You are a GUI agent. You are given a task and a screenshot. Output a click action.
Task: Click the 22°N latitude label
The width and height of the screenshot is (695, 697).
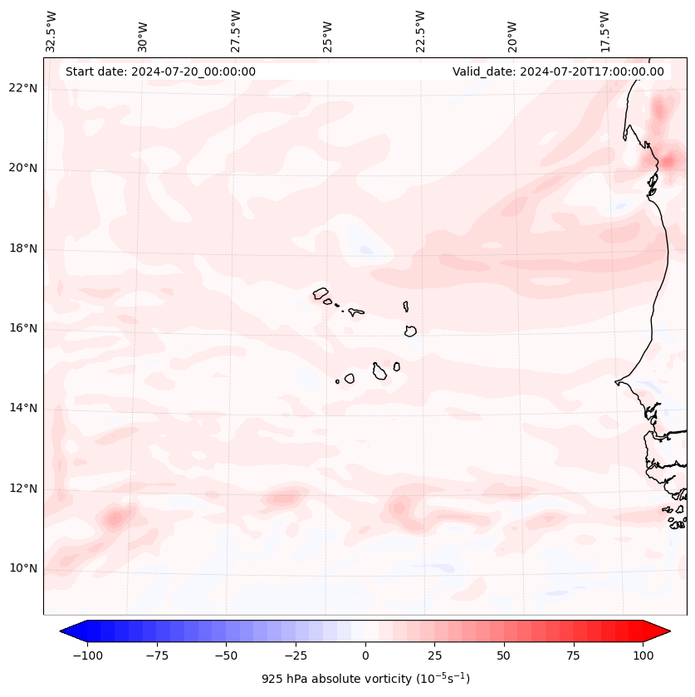click(22, 89)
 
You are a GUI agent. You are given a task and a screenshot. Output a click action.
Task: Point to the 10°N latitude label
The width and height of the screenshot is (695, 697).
click(22, 569)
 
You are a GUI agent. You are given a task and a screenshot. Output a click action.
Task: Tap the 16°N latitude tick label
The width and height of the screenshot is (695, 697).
click(22, 329)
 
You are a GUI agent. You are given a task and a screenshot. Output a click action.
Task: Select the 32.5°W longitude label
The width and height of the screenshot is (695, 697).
click(51, 31)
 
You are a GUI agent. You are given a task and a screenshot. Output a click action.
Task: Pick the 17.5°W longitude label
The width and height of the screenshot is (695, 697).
click(604, 31)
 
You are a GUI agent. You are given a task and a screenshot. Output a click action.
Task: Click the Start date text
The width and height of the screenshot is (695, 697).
click(160, 71)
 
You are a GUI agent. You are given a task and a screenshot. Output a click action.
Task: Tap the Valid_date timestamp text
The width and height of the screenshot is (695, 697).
click(558, 71)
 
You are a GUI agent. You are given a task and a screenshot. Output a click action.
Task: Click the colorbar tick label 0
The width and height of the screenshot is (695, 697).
click(365, 655)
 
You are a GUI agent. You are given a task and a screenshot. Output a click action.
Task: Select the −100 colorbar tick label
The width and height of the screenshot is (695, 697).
click(87, 655)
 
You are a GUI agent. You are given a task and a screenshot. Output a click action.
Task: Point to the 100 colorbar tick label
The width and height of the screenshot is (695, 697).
click(643, 655)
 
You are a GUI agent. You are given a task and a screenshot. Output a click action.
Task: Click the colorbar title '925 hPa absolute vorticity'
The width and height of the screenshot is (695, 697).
click(365, 679)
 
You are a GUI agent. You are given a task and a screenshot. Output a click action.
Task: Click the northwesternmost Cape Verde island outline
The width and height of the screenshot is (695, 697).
click(321, 293)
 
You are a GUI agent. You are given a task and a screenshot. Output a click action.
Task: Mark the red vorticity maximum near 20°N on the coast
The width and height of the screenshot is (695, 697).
click(667, 161)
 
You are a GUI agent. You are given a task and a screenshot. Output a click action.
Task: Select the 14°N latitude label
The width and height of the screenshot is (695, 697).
click(22, 409)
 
